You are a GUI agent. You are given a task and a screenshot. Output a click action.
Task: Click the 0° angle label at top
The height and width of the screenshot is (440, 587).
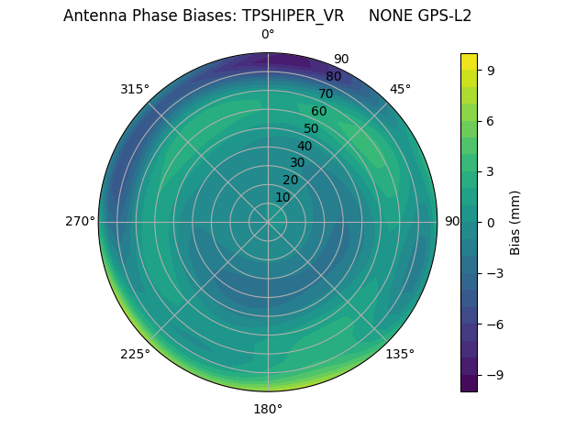tap(268, 35)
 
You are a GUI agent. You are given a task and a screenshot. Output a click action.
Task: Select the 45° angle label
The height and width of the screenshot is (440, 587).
tap(400, 89)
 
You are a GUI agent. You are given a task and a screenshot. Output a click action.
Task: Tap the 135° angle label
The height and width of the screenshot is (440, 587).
tap(400, 354)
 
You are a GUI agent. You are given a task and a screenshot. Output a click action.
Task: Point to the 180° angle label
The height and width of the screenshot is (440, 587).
tap(268, 409)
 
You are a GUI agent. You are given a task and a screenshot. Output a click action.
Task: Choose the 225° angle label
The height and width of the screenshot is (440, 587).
tap(135, 354)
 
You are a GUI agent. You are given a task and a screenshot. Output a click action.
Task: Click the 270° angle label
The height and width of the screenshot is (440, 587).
tap(80, 222)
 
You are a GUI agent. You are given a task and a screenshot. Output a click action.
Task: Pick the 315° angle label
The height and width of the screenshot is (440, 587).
tap(135, 89)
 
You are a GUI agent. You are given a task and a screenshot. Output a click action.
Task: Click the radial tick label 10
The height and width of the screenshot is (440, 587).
tap(282, 197)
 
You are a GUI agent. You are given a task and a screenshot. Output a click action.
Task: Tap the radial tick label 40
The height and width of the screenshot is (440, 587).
tap(305, 146)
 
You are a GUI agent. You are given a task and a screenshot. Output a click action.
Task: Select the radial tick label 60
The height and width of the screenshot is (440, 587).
tap(319, 112)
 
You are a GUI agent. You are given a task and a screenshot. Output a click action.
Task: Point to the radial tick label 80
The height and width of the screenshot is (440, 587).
tap(334, 77)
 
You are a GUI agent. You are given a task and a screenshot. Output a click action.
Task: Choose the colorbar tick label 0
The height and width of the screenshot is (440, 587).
tap(491, 222)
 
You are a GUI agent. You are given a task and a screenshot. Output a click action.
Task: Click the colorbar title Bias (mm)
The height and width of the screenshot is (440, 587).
tap(515, 222)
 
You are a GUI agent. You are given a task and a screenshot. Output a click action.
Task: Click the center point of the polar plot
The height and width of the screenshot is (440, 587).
tap(268, 222)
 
